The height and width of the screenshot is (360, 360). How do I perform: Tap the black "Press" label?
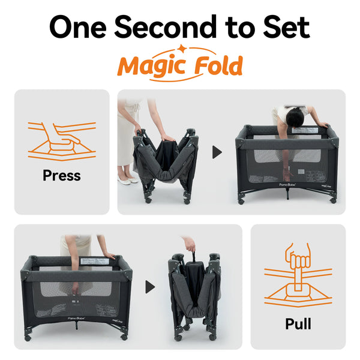62,176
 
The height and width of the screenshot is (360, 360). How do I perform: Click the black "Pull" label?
298,324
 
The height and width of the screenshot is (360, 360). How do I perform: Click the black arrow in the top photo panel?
217,152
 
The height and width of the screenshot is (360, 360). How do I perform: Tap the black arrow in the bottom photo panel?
150,286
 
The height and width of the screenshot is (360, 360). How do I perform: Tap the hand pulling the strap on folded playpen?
190,244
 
